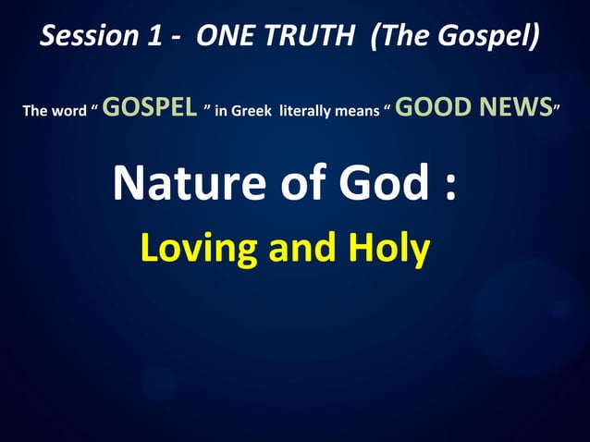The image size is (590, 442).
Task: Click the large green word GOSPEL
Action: pyautogui.click(x=150, y=107)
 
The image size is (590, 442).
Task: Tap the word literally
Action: pyautogui.click(x=314, y=112)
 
